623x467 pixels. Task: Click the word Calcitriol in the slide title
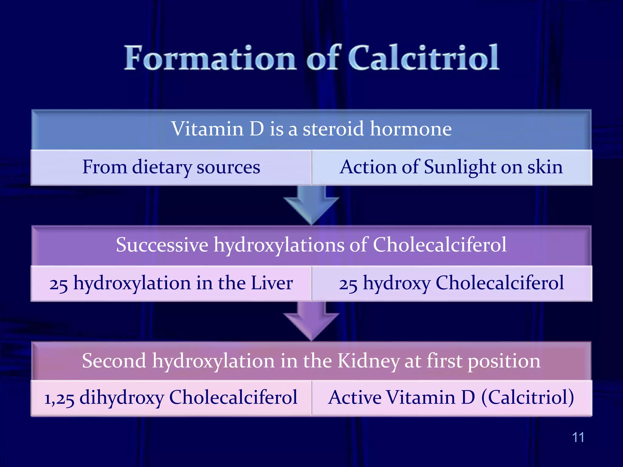pyautogui.click(x=423, y=58)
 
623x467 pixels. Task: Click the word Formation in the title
pyautogui.click(x=210, y=58)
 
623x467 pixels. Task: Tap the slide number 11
pyautogui.click(x=578, y=437)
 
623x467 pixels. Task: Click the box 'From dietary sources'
pyautogui.click(x=171, y=167)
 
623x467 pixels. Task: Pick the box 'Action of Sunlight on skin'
pyautogui.click(x=451, y=167)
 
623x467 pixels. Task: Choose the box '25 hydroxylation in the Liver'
pyautogui.click(x=171, y=283)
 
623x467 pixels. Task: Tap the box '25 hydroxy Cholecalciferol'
pyautogui.click(x=451, y=283)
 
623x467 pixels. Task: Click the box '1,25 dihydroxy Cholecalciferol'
pyautogui.click(x=171, y=398)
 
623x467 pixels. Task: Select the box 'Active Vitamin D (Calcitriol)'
pyautogui.click(x=451, y=398)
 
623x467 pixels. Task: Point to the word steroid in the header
pyautogui.click(x=333, y=129)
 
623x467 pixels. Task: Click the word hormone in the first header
pyautogui.click(x=411, y=129)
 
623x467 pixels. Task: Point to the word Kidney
pyautogui.click(x=368, y=361)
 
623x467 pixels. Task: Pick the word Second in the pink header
pyautogui.click(x=114, y=361)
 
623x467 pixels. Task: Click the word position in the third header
pyautogui.click(x=504, y=361)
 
